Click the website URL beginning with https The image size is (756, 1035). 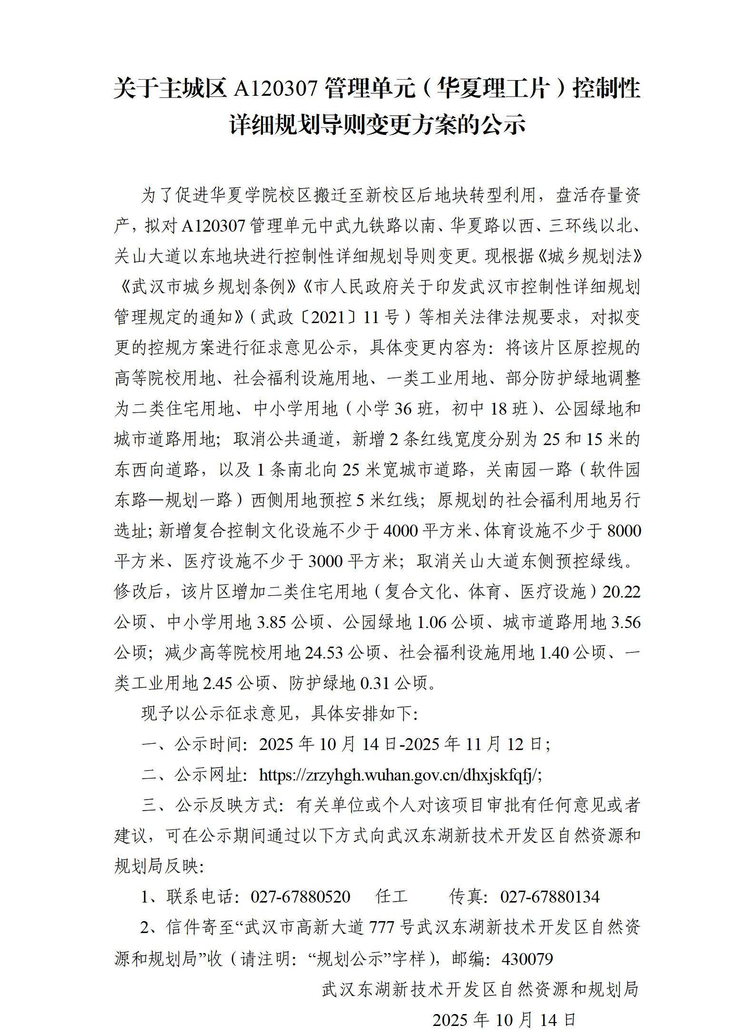point(400,775)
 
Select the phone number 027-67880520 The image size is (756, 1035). point(301,897)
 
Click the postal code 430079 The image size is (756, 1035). point(527,958)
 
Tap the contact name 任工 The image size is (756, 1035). point(391,897)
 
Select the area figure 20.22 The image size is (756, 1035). point(622,592)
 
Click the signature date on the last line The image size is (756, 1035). point(504,1020)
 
